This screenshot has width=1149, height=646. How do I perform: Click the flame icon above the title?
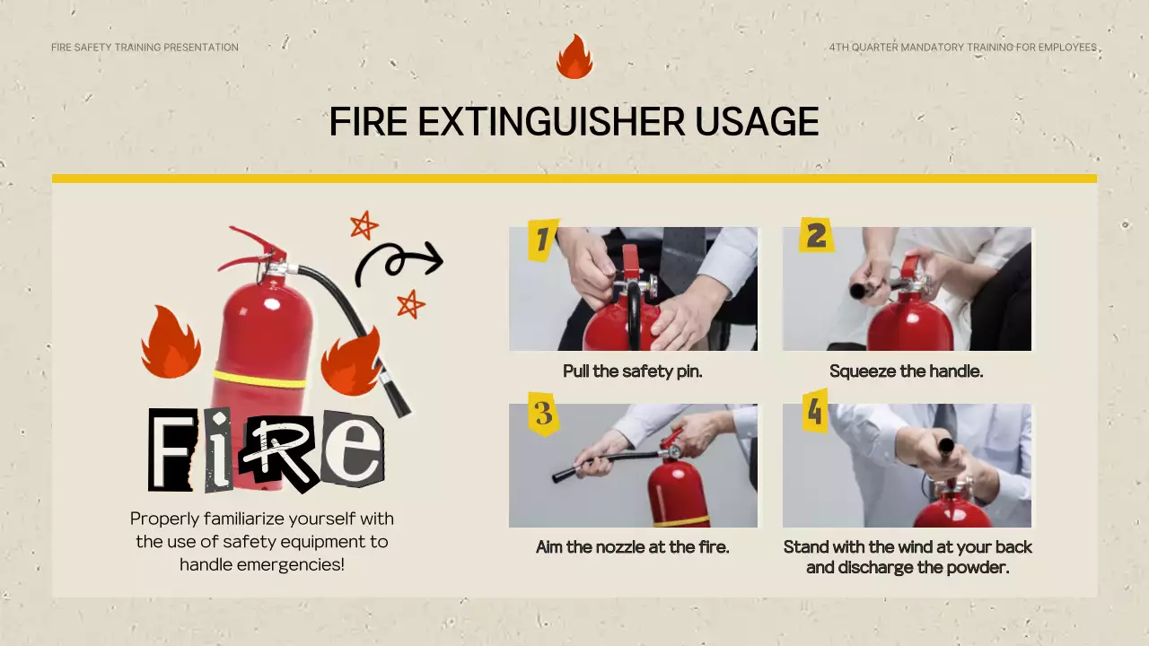(574, 57)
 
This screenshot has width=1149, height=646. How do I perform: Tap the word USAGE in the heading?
(757, 122)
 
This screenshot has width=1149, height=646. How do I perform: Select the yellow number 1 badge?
(543, 240)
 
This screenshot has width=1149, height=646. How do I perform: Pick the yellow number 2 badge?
(816, 235)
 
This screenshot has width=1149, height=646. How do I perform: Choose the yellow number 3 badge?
(543, 414)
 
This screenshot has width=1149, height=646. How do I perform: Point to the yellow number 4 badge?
(815, 411)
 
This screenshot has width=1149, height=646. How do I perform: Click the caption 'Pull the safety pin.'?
(633, 371)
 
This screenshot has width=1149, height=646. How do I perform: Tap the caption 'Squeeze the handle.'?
(907, 371)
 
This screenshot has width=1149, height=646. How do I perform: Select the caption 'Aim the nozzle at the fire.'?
(633, 547)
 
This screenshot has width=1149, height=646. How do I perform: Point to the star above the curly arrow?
(364, 225)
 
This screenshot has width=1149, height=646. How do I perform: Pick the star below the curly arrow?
(410, 304)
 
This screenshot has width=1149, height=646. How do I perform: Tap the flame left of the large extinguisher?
(171, 343)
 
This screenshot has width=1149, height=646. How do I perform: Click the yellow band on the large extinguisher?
(259, 380)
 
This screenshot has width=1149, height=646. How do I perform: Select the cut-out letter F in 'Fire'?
(171, 450)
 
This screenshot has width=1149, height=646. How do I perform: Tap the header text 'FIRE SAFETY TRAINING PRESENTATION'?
(145, 48)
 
